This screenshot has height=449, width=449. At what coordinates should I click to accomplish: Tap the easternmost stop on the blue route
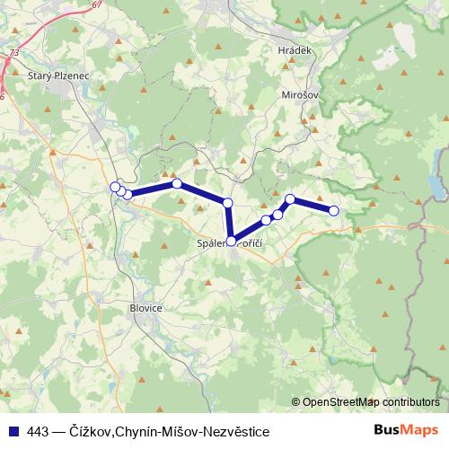(334, 211)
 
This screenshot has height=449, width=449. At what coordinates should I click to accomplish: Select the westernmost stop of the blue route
(114, 187)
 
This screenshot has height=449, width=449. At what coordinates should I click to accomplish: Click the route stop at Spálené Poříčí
(232, 241)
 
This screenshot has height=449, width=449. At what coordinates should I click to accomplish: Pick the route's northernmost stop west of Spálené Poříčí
(177, 183)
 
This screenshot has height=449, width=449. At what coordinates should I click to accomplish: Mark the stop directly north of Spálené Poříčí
(228, 203)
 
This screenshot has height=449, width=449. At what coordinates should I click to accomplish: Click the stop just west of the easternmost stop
(290, 198)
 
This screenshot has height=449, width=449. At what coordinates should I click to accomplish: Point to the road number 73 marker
(13, 53)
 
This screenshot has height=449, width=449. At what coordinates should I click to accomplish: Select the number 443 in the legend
(37, 430)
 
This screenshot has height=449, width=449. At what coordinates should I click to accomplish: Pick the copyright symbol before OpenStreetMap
(296, 402)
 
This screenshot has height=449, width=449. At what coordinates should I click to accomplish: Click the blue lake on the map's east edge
(437, 184)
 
